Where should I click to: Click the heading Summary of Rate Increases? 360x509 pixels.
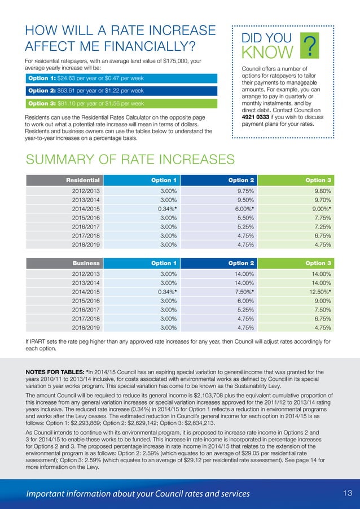click(130, 159)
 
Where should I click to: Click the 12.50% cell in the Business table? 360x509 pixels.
click(318, 292)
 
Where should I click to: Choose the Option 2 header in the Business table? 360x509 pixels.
click(242, 263)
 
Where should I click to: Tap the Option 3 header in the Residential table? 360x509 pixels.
click(318, 180)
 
